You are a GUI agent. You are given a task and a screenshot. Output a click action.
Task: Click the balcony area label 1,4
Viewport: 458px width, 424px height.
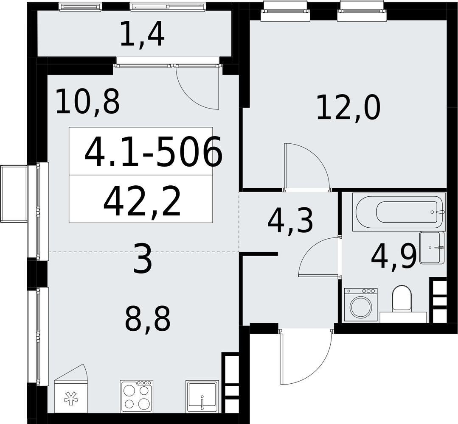click(x=142, y=36)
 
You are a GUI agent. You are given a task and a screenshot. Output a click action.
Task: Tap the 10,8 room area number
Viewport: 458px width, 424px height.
click(x=87, y=102)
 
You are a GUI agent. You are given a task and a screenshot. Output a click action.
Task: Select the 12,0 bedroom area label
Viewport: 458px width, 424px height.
click(x=348, y=108)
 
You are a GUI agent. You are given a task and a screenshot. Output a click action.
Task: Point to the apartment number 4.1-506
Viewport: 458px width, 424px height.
click(x=153, y=152)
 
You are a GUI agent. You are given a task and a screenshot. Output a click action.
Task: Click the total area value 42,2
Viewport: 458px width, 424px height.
click(x=142, y=202)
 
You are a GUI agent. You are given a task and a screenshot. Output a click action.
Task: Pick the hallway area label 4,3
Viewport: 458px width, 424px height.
click(x=290, y=222)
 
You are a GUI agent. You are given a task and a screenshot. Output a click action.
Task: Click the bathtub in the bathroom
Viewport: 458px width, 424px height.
click(x=399, y=212)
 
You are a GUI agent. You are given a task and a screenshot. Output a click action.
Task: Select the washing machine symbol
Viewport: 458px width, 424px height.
click(x=361, y=305)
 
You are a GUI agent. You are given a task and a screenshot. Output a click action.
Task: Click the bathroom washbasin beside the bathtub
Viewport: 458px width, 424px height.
click(x=432, y=248)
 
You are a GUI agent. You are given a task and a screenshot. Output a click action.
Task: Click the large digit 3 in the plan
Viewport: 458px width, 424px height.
click(x=142, y=259)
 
